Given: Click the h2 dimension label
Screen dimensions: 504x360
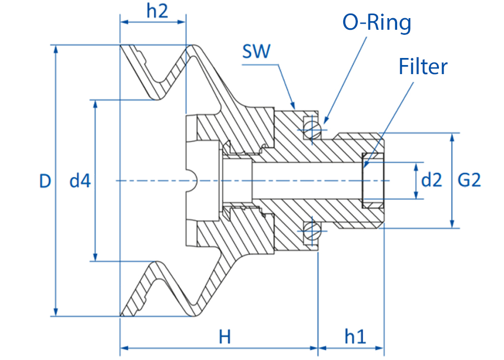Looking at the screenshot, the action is [x=157, y=11].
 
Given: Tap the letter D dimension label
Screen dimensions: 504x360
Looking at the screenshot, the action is [x=45, y=181].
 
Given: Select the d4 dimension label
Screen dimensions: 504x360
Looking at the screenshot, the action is [x=80, y=181].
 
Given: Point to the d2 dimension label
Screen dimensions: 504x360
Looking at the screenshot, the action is [x=431, y=180].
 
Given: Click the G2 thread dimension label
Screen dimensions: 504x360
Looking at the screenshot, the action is [x=469, y=180].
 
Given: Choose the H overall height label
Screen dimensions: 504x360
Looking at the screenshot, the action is [x=225, y=337].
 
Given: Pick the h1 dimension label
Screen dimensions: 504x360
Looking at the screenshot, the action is [x=355, y=336].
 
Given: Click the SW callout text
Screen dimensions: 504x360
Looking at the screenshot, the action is [x=256, y=51].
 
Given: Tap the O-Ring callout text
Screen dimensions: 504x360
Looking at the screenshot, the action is [x=376, y=23].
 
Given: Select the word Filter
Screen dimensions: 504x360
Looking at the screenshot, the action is [x=423, y=67].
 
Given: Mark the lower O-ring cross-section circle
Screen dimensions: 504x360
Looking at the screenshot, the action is [x=312, y=231].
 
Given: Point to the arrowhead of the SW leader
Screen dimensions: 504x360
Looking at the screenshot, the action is [x=293, y=105].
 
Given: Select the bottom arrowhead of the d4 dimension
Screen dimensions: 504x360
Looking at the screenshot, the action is [x=95, y=257].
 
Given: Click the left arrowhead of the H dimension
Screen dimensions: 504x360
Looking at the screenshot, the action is [x=124, y=348].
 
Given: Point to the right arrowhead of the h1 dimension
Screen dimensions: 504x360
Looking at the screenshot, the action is [x=380, y=348].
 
